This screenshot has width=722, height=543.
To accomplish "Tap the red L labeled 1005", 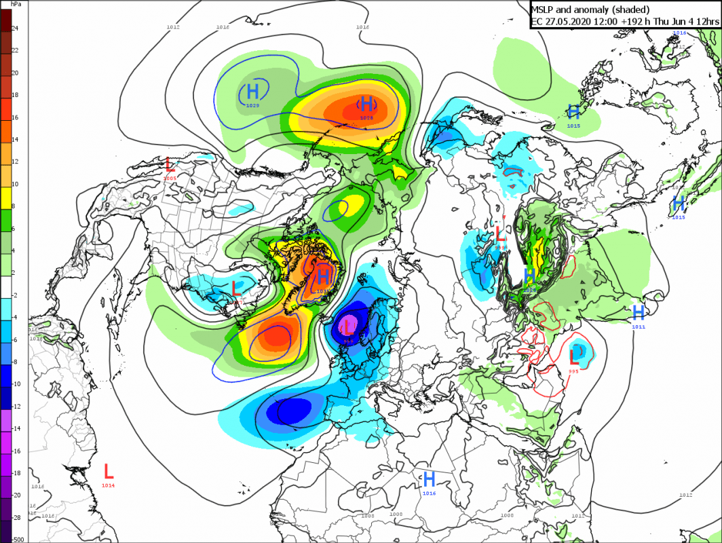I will pos(170,164).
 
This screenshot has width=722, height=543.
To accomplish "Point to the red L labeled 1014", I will pos(109,470).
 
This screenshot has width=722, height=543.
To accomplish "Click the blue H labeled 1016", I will pos(429,479).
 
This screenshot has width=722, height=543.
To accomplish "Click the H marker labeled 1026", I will pos(530,276).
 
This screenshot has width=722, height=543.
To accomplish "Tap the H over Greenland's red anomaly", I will pos(324,275).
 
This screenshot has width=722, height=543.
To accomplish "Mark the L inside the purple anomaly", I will pos(348,327).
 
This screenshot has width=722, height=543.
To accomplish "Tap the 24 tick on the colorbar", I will pos(15,28).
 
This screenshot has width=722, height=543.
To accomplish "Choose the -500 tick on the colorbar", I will pos(18,539).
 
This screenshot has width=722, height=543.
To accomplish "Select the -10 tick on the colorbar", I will pos(16,383).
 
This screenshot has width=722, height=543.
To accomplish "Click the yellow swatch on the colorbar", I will pos(5,200).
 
